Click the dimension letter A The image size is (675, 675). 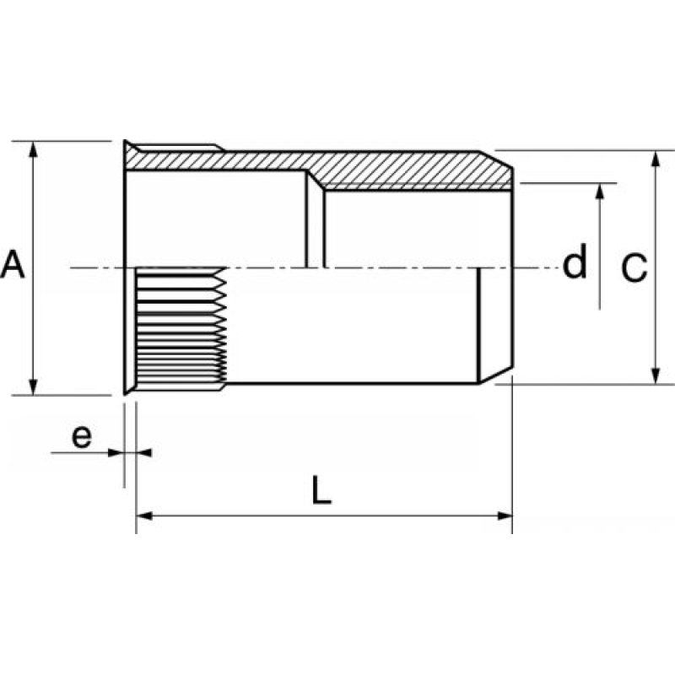point(13,265)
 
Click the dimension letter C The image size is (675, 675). point(634,268)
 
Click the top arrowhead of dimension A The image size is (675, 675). point(33,148)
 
